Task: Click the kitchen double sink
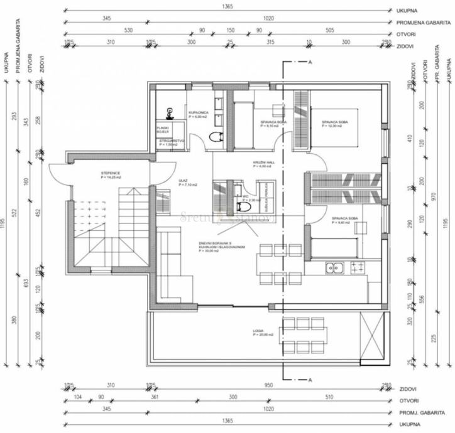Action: (334, 269)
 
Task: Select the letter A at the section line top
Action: (310, 62)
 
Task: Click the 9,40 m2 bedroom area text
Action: (343, 222)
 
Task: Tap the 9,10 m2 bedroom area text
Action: (269, 126)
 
